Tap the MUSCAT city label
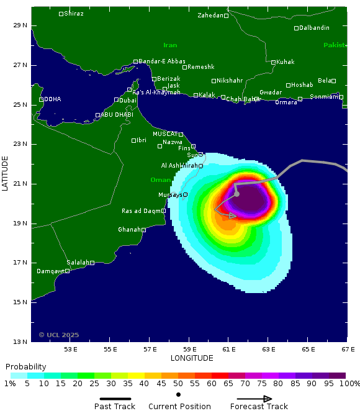tap(165, 133)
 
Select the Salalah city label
tap(78, 262)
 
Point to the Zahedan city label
tap(210, 15)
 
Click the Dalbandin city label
tap(314, 28)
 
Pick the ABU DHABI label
tap(117, 114)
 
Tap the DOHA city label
tap(52, 99)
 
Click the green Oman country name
tap(160, 180)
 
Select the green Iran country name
tap(170, 45)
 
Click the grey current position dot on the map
tap(236, 194)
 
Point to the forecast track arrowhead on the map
tap(233, 216)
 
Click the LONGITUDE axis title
tap(192, 358)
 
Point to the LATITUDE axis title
tap(6, 173)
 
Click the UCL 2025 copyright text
tap(59, 335)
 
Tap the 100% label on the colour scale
tap(350, 384)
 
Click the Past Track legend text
tap(115, 407)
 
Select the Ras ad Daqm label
tap(141, 211)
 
